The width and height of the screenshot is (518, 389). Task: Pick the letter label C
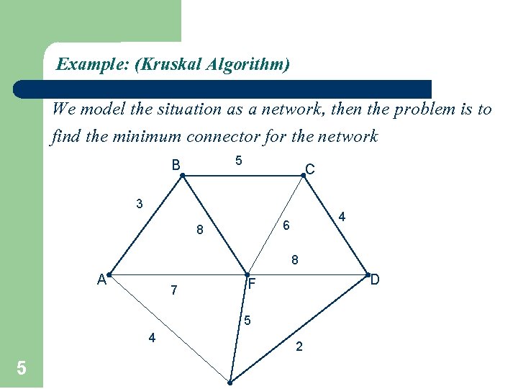(x=309, y=169)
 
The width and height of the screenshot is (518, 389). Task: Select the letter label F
(x=251, y=285)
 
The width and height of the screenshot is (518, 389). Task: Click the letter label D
(x=375, y=278)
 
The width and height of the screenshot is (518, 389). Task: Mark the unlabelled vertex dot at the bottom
(x=231, y=383)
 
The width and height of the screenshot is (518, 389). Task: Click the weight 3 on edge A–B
(x=140, y=204)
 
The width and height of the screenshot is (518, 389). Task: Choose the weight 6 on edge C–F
(x=286, y=225)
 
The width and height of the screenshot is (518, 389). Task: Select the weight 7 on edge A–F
(x=173, y=291)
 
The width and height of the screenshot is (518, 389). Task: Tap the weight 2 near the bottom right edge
(x=299, y=347)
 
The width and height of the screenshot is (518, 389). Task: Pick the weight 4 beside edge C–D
(x=342, y=216)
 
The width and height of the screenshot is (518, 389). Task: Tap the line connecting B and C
(x=243, y=174)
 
